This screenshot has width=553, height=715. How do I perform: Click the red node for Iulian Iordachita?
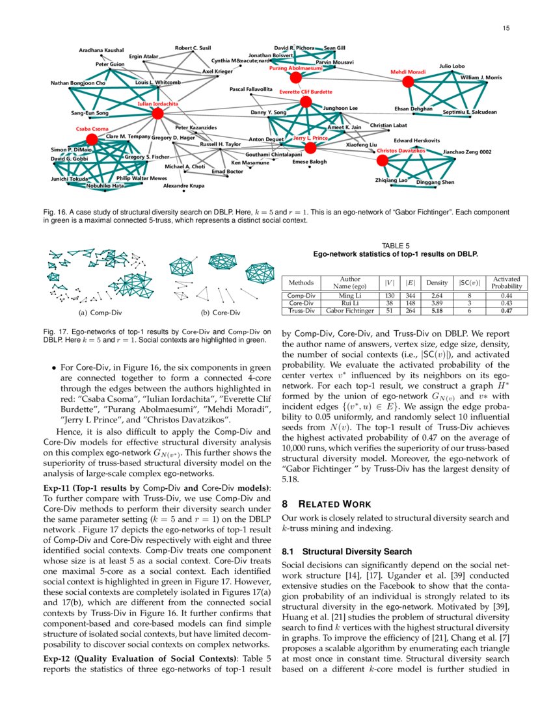(x=157, y=114)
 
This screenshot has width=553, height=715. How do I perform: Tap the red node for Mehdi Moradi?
(x=408, y=82)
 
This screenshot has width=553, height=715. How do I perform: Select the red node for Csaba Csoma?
(x=92, y=139)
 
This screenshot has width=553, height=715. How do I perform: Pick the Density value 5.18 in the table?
(x=432, y=311)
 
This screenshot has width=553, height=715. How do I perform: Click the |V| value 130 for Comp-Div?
(x=389, y=295)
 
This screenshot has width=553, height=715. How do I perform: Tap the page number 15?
(x=505, y=28)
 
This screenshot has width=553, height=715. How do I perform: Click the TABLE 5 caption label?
(x=396, y=246)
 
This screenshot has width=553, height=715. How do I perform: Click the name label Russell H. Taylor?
(x=220, y=144)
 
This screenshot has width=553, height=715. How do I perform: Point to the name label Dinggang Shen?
(x=435, y=182)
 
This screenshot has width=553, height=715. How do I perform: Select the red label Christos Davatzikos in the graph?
(x=401, y=150)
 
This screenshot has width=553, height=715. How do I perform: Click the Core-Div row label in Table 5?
(x=301, y=303)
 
